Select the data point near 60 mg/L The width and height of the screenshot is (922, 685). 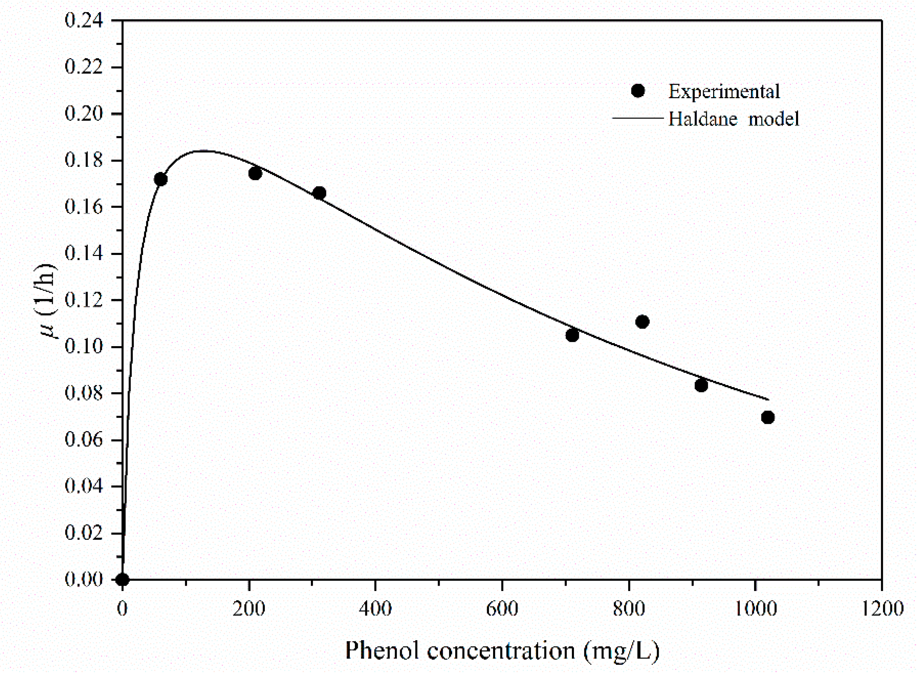[161, 179]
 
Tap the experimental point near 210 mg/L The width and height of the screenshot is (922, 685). [255, 173]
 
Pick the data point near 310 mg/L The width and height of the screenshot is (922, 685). [319, 193]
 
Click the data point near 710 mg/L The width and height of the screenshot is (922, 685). [572, 335]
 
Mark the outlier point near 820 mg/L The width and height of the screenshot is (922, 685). [642, 322]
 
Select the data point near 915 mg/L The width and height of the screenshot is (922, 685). [701, 386]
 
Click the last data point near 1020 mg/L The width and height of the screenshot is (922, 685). [768, 417]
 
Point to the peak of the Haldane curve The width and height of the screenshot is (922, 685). [203, 151]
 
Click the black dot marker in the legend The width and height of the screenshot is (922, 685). [638, 91]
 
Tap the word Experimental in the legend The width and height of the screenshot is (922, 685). [724, 92]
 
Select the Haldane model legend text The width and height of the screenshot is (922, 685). [733, 119]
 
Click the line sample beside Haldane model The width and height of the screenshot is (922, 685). [638, 119]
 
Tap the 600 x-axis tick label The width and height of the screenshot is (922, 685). [502, 609]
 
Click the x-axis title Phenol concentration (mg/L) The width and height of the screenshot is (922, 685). [502, 650]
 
